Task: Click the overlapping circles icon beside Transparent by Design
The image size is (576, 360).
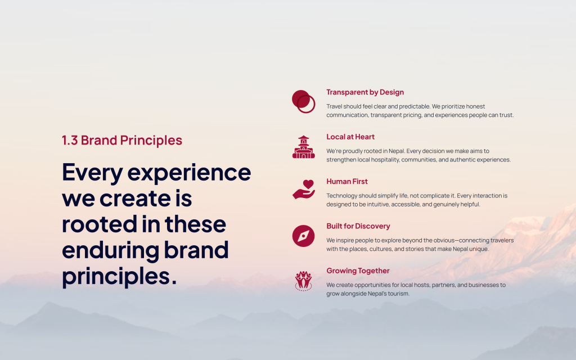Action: (303, 101)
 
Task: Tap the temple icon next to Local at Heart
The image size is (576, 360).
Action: (303, 147)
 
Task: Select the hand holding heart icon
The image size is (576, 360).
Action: (304, 189)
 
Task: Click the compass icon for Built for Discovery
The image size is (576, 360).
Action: (303, 236)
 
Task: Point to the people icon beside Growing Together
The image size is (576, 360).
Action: (303, 281)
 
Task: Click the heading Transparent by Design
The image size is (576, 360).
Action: (365, 92)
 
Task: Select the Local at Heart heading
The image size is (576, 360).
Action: (350, 137)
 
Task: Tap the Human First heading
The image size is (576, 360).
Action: (347, 182)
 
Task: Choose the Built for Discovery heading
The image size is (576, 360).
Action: (358, 226)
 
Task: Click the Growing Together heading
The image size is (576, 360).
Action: (358, 271)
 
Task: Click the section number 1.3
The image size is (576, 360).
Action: (70, 140)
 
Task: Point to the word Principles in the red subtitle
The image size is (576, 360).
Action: (151, 141)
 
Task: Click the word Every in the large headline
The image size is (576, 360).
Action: (92, 173)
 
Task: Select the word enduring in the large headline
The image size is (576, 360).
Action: (111, 250)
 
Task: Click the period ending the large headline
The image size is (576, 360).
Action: (174, 282)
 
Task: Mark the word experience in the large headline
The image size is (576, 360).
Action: (189, 173)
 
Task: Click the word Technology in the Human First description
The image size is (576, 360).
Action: (341, 196)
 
